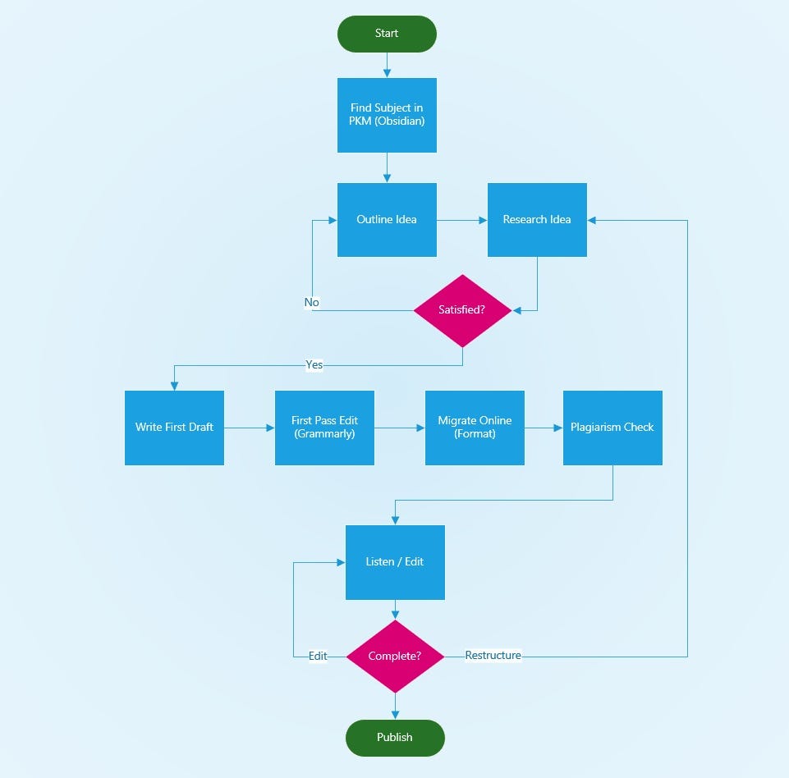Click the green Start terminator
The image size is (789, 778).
point(387,34)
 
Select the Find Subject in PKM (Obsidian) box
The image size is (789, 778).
point(387,115)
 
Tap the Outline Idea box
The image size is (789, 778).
point(387,220)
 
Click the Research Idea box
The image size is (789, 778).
point(537,220)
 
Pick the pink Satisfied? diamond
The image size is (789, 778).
point(462,310)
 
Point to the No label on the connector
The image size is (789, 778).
point(311,303)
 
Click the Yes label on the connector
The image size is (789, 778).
point(314,364)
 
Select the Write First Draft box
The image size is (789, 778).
point(174,428)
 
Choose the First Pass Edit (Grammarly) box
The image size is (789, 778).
point(324,428)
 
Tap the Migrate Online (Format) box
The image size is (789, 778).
point(475,428)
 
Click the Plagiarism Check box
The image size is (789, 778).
point(612,428)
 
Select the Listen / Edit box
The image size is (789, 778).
point(395,562)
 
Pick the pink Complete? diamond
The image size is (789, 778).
point(395,657)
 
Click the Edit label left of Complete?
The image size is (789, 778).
point(318,656)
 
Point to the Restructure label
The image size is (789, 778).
point(493,655)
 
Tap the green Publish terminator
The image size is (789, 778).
point(395,738)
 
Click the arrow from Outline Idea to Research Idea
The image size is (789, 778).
point(461,220)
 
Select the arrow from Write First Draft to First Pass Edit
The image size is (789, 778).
point(249,428)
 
